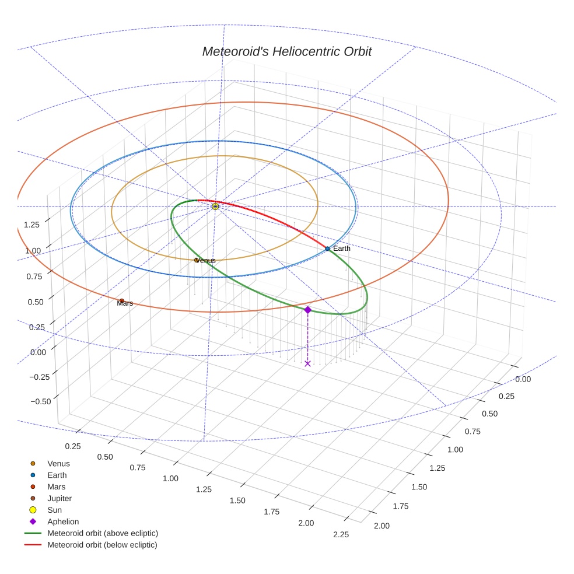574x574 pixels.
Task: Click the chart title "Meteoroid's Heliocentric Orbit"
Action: click(x=286, y=52)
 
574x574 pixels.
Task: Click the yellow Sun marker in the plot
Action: click(x=215, y=206)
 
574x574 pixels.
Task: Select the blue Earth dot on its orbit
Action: click(x=327, y=249)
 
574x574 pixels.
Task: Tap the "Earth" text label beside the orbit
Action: click(x=342, y=249)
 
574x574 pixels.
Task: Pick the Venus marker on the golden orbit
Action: click(x=197, y=260)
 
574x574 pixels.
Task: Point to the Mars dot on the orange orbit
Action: click(x=121, y=300)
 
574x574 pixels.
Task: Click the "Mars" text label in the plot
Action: click(x=125, y=303)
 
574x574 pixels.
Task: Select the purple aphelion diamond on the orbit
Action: click(x=307, y=310)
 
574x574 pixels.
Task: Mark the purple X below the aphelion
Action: click(x=307, y=363)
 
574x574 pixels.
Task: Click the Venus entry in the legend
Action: click(x=58, y=464)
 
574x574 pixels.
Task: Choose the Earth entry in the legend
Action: click(x=57, y=475)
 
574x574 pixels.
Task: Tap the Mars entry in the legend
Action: click(x=56, y=487)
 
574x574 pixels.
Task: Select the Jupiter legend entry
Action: click(x=60, y=499)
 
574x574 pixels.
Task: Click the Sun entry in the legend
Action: click(x=54, y=510)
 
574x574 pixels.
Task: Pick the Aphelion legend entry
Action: click(x=63, y=522)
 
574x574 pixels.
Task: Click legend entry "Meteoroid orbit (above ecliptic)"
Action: click(x=103, y=533)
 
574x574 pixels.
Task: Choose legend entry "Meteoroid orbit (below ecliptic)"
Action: click(x=102, y=545)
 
